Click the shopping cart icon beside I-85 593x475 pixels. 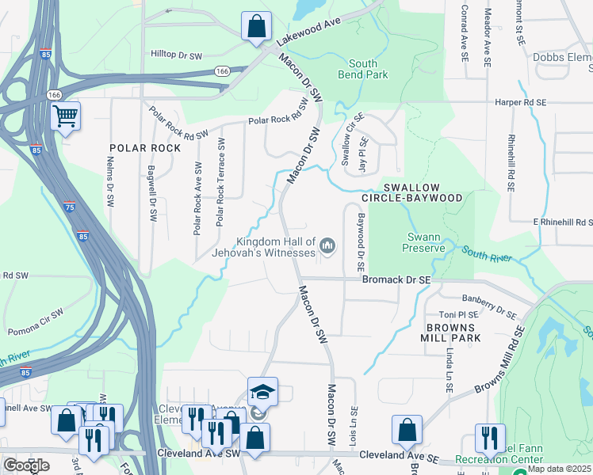coord(66,117)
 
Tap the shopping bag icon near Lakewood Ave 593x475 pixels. coord(256,26)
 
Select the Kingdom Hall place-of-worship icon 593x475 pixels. coord(327,249)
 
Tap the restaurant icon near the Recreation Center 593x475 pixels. coord(490,439)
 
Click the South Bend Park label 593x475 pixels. coord(369,69)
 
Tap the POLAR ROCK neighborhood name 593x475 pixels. coord(140,148)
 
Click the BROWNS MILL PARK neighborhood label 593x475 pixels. coord(450,332)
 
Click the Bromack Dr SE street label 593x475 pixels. coord(396,280)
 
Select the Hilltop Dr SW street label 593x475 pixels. coord(178,54)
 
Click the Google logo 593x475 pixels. coord(26,465)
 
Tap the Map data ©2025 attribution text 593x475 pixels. coord(560,469)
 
